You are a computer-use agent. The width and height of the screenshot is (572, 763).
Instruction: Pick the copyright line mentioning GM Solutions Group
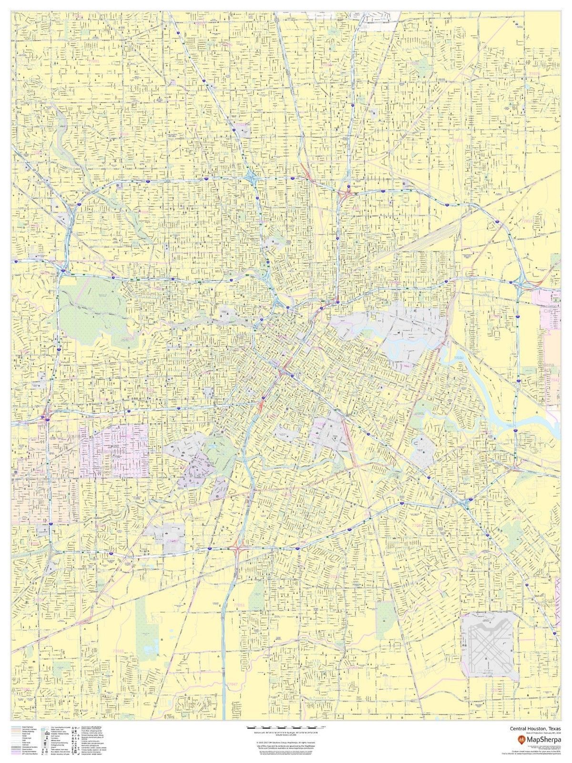click(286, 742)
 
